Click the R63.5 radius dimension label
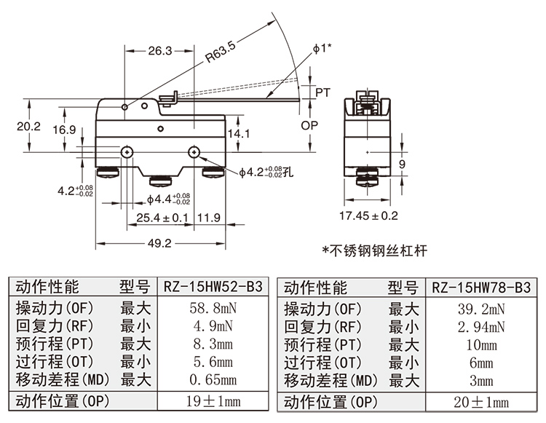coord(219,54)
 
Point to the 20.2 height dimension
coord(28,126)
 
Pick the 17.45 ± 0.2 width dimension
coord(369,216)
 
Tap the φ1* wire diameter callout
coord(322,48)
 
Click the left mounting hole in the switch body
coord(127,152)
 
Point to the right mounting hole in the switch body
coord(194,152)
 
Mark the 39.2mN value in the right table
coord(481,309)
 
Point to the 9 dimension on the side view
coord(401,165)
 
